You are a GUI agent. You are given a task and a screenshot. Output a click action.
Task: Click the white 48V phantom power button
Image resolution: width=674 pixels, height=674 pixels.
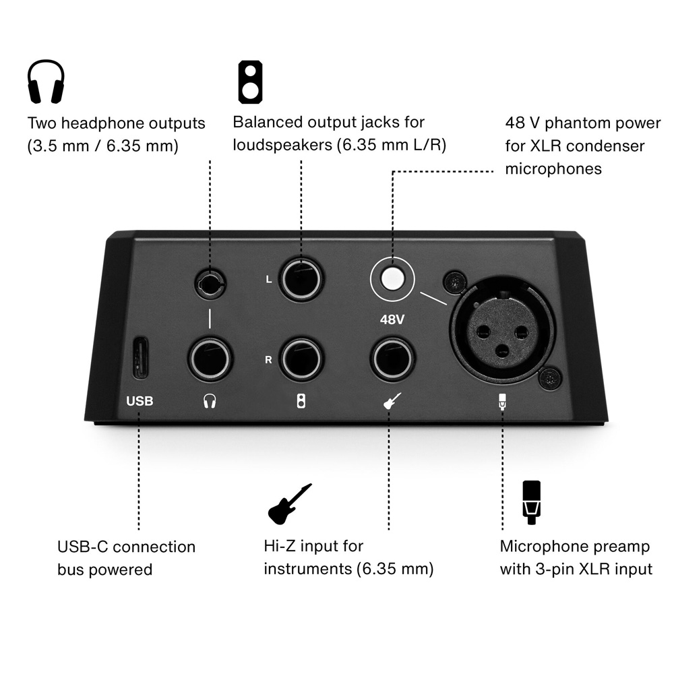pos(392,279)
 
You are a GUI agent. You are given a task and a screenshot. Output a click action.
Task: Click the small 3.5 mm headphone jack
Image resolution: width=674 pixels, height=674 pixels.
pos(210,283)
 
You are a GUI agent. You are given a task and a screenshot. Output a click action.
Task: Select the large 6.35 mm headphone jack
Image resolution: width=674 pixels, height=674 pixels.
pos(210,359)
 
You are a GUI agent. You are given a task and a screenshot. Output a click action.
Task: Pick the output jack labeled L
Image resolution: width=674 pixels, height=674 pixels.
pos(301,280)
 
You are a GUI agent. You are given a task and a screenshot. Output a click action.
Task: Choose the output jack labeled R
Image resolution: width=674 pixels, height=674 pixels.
pos(301,359)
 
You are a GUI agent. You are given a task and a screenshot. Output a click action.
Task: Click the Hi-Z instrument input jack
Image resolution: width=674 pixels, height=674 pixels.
pos(392,359)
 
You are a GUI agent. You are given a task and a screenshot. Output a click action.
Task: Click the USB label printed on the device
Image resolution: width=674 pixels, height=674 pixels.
pos(140,401)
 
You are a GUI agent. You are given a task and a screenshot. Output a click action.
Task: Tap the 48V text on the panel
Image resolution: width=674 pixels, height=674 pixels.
pos(392,319)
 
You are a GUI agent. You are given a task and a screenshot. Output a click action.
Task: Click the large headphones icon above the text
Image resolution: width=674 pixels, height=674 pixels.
pos(46,82)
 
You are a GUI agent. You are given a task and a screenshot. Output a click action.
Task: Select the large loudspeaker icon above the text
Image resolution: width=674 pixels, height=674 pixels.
pos(251,82)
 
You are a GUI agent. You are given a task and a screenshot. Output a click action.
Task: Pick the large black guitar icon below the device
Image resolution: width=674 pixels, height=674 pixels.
pos(290,503)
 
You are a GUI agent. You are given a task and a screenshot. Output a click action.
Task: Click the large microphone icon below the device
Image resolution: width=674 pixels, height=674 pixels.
pos(531,502)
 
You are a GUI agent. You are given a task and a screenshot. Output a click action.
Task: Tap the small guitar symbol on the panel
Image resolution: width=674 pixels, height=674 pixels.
pos(392,401)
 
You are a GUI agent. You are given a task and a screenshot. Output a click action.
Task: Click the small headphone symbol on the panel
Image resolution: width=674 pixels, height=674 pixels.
pos(210,401)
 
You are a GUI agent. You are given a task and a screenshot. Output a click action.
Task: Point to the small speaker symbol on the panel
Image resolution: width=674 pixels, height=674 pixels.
pos(301,401)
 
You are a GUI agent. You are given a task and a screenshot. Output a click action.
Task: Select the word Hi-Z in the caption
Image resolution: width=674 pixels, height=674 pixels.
pos(279,546)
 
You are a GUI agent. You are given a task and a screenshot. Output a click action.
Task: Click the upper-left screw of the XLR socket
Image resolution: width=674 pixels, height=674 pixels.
pos(455,282)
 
